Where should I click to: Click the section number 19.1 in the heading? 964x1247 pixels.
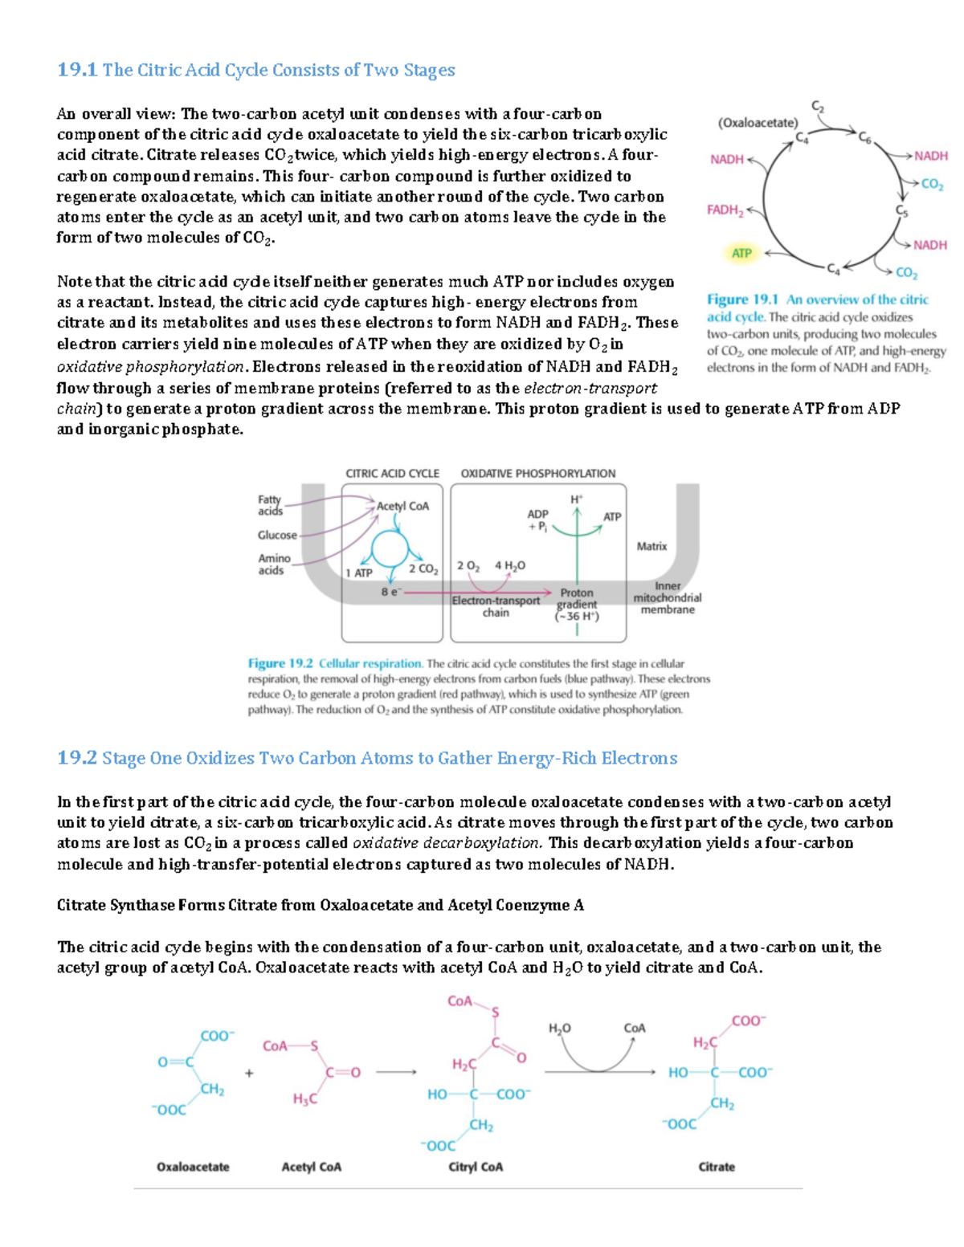[x=77, y=70]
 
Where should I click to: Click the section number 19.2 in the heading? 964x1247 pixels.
[x=77, y=758]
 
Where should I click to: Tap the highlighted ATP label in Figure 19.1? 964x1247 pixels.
[x=741, y=253]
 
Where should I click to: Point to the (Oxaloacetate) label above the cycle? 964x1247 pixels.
[x=758, y=123]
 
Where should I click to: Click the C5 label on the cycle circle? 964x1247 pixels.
[x=902, y=210]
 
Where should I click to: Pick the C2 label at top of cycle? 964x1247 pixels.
[x=817, y=106]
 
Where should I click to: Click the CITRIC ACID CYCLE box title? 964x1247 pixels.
[x=392, y=474]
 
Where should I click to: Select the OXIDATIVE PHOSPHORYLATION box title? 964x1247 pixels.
[x=538, y=474]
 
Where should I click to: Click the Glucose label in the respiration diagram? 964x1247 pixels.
[x=277, y=535]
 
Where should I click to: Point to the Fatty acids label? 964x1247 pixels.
[x=270, y=505]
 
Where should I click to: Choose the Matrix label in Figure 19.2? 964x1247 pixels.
[x=652, y=546]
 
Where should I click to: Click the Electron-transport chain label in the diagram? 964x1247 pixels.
[x=496, y=606]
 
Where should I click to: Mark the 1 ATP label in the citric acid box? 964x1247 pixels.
[x=359, y=573]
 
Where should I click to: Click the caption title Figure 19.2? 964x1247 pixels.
[x=280, y=663]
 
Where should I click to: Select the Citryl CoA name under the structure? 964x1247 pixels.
[x=476, y=1167]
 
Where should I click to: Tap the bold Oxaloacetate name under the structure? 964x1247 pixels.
[x=193, y=1167]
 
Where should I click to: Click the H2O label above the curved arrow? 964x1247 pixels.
[x=559, y=1028]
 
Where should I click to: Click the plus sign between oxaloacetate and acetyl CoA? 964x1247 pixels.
[x=249, y=1073]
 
